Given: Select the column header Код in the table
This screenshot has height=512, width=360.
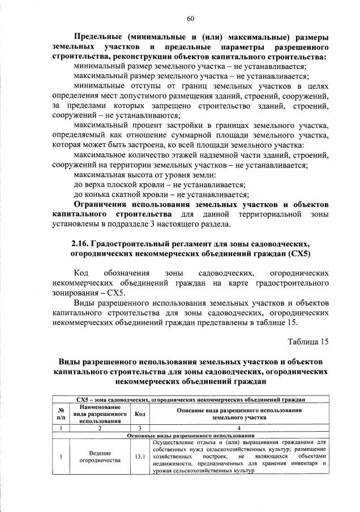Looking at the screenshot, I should (140, 414).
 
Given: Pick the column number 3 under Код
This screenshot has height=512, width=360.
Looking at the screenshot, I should (140, 428).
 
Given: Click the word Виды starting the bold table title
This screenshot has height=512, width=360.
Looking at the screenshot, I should (72, 361).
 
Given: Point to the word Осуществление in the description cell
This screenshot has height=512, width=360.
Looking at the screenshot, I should (174, 441).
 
